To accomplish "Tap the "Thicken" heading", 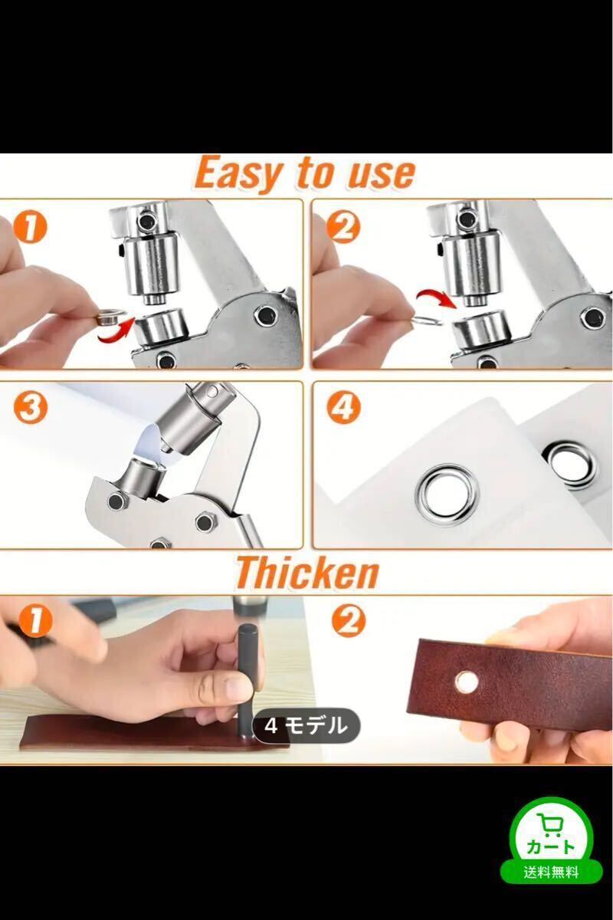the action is (x=306, y=573).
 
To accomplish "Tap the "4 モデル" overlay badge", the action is (x=306, y=726).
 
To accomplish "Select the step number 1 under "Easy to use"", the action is (x=30, y=228).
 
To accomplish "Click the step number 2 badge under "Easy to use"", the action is (x=343, y=228).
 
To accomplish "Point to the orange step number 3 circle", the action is (x=30, y=409).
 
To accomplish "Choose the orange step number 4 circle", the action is (x=343, y=409).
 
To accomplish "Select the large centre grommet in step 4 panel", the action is (x=447, y=495).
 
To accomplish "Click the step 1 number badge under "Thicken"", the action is (x=36, y=621).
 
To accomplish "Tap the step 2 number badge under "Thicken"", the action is (x=348, y=621).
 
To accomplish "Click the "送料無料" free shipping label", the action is (x=551, y=872).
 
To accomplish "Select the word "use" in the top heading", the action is (x=381, y=175).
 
